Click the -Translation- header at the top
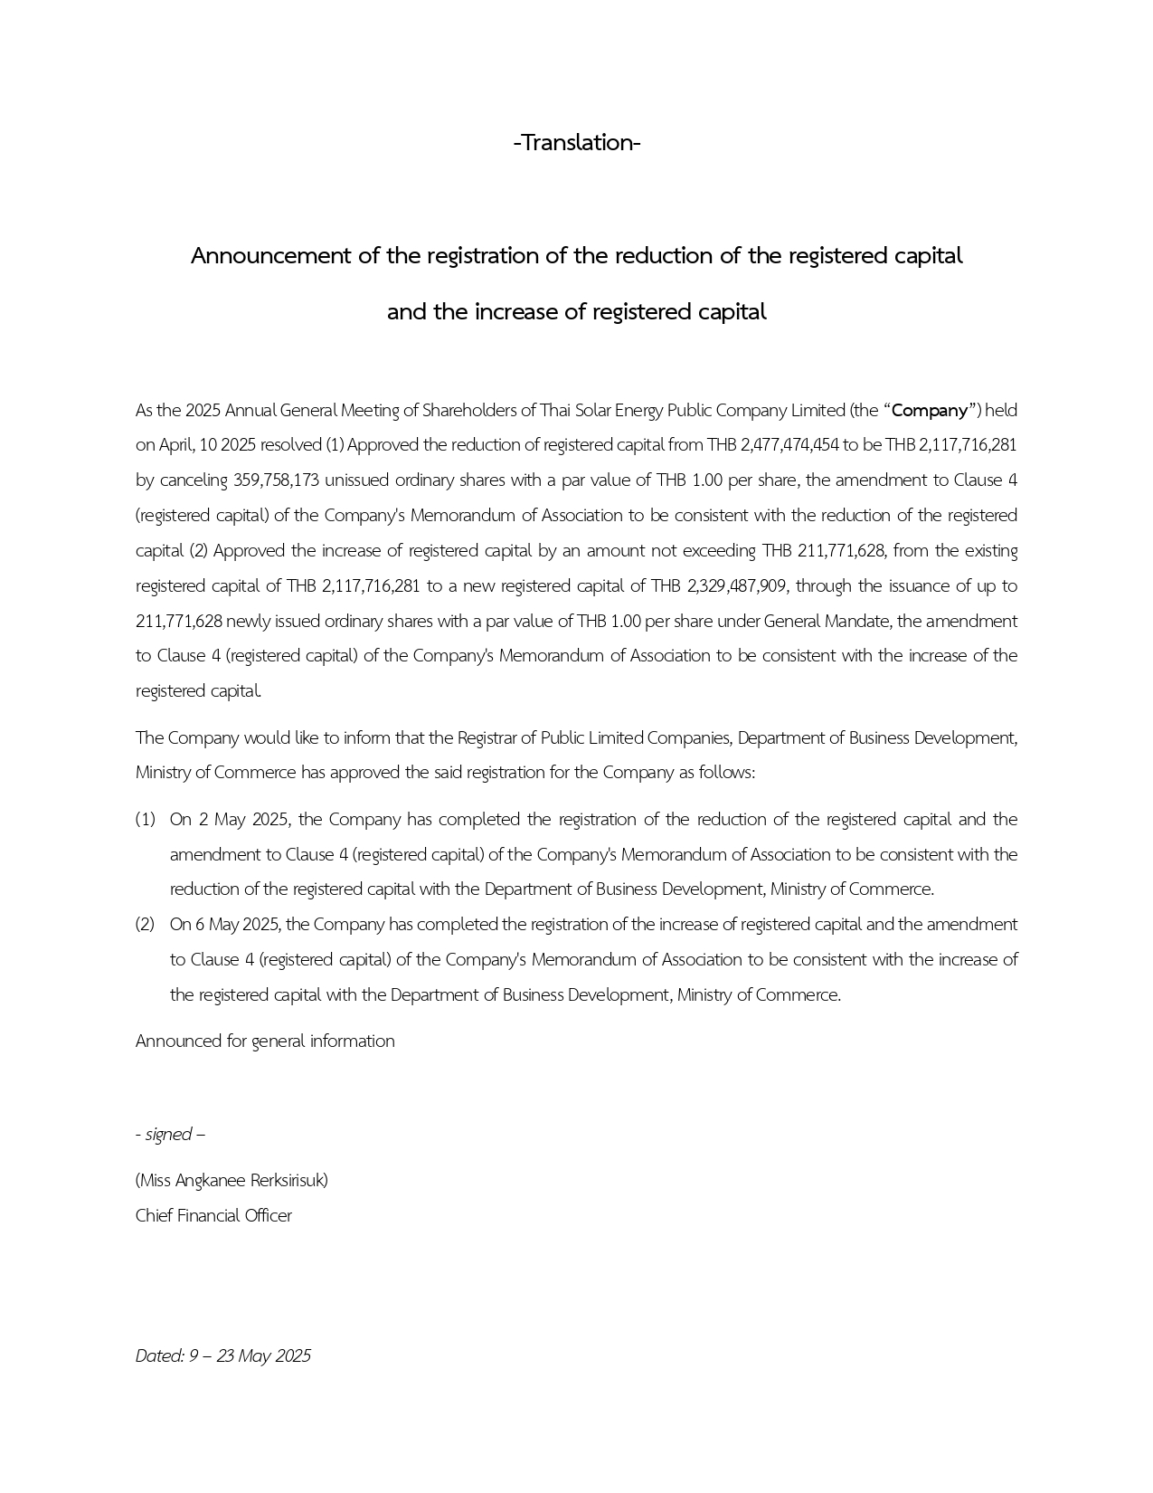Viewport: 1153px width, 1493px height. [576, 143]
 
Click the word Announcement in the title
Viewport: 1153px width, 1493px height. [271, 256]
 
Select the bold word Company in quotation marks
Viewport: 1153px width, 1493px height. [930, 411]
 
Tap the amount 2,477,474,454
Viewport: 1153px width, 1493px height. [789, 445]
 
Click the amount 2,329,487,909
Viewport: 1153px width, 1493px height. [736, 586]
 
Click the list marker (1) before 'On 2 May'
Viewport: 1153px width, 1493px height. [145, 820]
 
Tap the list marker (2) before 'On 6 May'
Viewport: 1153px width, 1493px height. [145, 925]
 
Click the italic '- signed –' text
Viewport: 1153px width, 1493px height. [170, 1135]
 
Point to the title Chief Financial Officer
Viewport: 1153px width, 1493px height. [213, 1216]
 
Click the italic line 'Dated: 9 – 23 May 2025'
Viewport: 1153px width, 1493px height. [222, 1356]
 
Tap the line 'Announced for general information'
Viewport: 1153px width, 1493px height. [265, 1041]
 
